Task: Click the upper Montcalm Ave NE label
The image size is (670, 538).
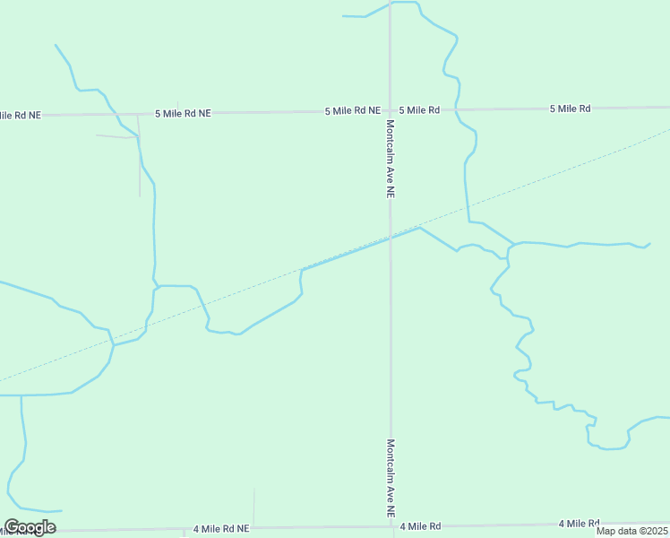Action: click(391, 158)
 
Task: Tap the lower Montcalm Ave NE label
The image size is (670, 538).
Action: click(391, 478)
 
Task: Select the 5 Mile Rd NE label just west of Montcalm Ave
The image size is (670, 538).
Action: click(353, 111)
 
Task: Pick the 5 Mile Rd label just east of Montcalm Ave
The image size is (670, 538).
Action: click(419, 110)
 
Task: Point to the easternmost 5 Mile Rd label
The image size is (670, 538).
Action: click(570, 108)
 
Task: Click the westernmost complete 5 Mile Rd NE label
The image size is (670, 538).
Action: click(183, 114)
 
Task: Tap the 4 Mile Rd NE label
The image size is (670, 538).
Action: click(220, 529)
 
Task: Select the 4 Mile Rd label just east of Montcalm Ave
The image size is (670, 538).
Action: click(421, 526)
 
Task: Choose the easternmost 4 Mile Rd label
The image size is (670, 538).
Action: click(579, 524)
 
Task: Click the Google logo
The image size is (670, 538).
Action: click(30, 527)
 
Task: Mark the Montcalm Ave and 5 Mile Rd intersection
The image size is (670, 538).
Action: click(390, 110)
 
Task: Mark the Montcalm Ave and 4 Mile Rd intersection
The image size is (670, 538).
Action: click(391, 526)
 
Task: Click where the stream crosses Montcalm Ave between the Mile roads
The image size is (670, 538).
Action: click(390, 238)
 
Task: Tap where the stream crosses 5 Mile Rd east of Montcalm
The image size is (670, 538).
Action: click(458, 108)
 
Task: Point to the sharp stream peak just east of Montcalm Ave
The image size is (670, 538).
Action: click(419, 228)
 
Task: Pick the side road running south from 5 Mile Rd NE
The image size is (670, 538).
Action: click(139, 157)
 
